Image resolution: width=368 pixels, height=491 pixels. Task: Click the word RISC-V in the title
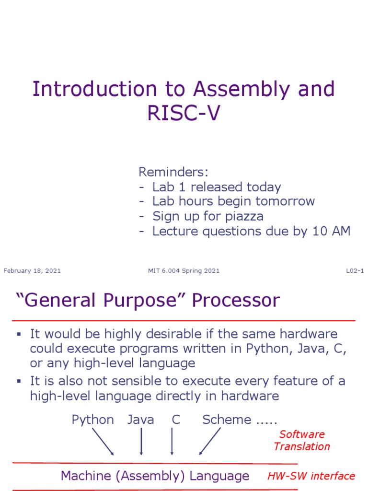(x=184, y=115)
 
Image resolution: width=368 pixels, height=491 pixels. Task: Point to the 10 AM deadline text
(x=331, y=231)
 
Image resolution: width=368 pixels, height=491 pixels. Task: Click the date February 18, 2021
(x=32, y=271)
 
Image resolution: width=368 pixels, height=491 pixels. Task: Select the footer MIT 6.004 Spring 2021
(x=184, y=271)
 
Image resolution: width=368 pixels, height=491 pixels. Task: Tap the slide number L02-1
(x=355, y=271)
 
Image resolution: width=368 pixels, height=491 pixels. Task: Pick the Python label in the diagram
(x=92, y=420)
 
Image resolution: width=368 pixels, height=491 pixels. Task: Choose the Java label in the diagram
(x=141, y=420)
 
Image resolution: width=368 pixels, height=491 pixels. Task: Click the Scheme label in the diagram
(x=227, y=420)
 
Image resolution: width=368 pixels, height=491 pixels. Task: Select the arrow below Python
(x=103, y=442)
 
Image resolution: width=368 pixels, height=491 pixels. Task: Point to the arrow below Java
(x=141, y=442)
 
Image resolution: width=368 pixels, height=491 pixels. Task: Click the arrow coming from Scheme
(x=210, y=442)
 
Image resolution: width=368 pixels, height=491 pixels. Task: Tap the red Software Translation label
(x=302, y=440)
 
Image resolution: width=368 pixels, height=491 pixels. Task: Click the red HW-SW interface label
(x=311, y=476)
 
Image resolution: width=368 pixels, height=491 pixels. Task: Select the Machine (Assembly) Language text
(x=155, y=476)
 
